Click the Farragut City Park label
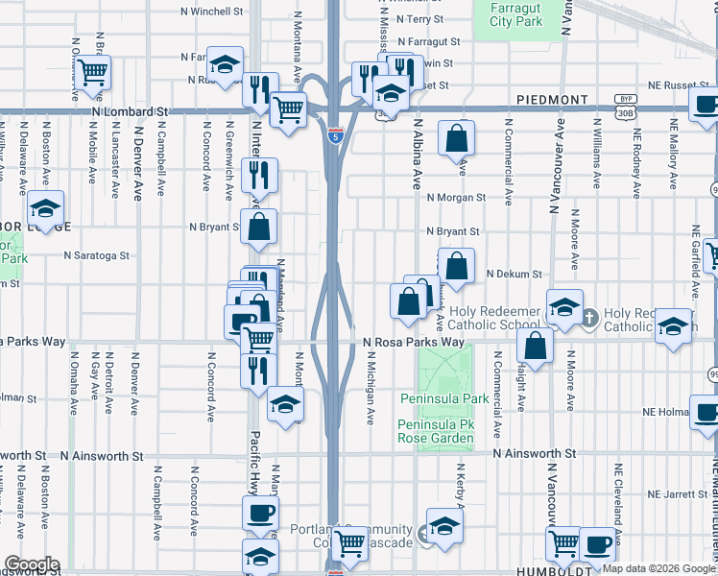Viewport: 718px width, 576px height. click(515, 14)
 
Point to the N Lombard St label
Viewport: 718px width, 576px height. click(131, 112)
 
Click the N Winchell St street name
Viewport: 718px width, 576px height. click(212, 12)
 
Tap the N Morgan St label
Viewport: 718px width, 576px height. click(456, 198)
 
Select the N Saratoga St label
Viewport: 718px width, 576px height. click(96, 256)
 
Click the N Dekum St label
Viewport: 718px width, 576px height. click(515, 274)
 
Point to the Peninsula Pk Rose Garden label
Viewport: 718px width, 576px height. click(436, 431)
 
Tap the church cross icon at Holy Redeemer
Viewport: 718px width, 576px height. click(590, 315)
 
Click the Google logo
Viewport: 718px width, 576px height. click(31, 565)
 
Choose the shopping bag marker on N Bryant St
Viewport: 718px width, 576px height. click(259, 228)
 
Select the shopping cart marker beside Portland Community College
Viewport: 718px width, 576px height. click(350, 544)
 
